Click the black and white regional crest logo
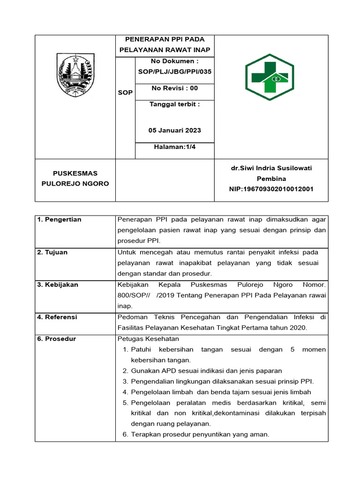coord(75,76)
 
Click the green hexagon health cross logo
coord(270,77)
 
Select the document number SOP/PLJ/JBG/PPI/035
coord(174,72)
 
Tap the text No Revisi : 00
coord(174,88)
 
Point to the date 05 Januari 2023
coord(174,130)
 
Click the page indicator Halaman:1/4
coord(174,147)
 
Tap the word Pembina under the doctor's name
coord(271,179)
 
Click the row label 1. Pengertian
coord(59,220)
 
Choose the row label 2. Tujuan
coord(52,252)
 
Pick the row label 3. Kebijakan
coord(58,285)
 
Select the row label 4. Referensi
coord(57,317)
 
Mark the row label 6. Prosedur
coord(56,339)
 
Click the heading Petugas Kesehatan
coord(148,339)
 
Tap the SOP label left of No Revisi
coord(125,93)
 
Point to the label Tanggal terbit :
coord(174,104)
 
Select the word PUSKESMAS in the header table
coord(75,173)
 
